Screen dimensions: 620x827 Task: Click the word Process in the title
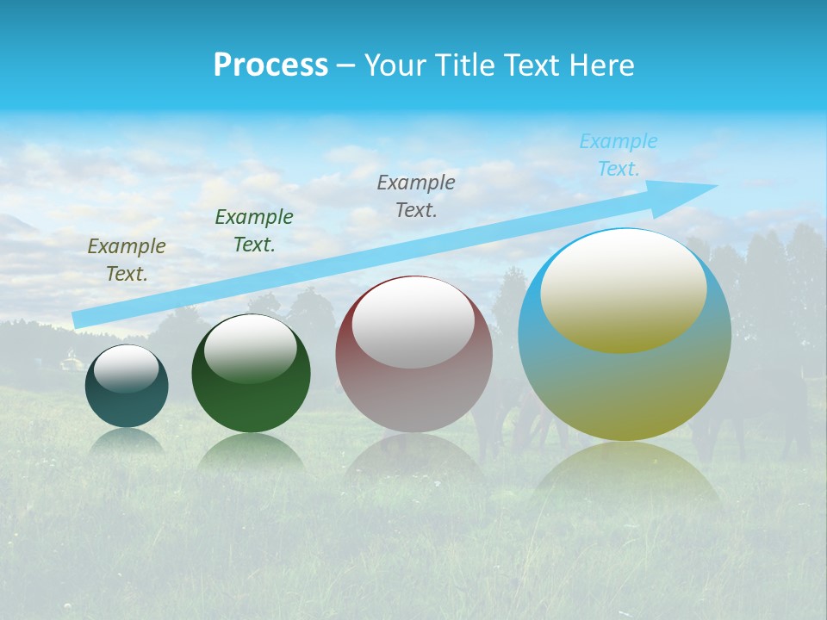pyautogui.click(x=270, y=65)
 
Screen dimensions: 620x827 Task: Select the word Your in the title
pyautogui.click(x=394, y=65)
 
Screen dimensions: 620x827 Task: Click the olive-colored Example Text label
pyautogui.click(x=127, y=259)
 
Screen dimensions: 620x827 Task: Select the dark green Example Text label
pyautogui.click(x=254, y=230)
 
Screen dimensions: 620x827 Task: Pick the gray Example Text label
pyautogui.click(x=416, y=195)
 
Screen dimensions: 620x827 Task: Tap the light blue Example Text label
pyautogui.click(x=619, y=155)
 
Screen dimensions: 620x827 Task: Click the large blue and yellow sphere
pyautogui.click(x=625, y=387)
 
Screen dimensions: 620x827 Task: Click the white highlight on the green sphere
pyautogui.click(x=251, y=349)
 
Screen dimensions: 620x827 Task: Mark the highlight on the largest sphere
pyautogui.click(x=624, y=291)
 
